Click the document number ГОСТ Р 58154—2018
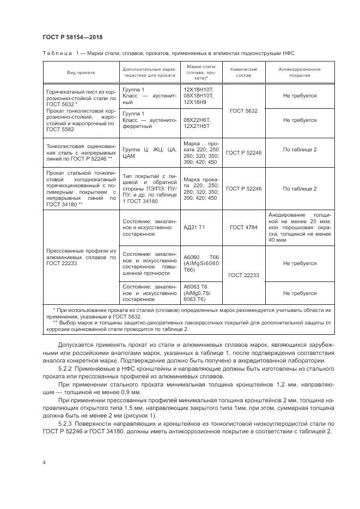[x=72, y=37]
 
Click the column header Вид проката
[x=81, y=72]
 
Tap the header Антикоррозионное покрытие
[x=300, y=72]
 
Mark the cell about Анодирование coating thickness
[x=300, y=227]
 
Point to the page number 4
[x=44, y=462]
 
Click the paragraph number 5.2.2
[x=65, y=369]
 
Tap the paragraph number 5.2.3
[x=65, y=423]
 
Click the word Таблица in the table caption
[x=56, y=53]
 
